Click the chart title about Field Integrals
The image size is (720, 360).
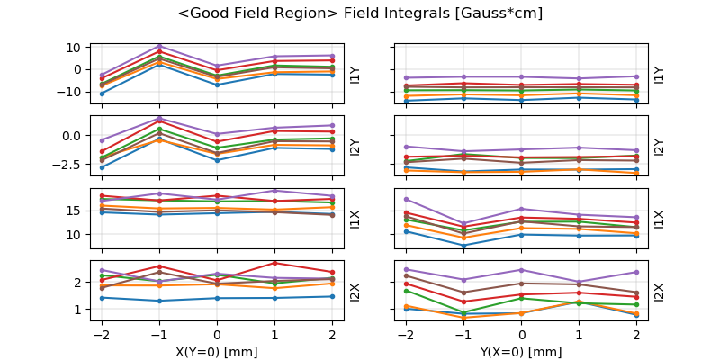coord(360,13)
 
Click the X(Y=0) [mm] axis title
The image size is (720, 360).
coord(216,352)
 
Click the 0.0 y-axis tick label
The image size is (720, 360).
coord(73,135)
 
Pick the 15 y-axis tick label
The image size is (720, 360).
coord(76,211)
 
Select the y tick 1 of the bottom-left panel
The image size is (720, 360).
coord(79,309)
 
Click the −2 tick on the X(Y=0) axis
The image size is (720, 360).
coord(101,332)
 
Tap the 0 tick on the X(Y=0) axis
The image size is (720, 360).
coord(216,332)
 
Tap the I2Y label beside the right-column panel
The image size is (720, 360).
coord(659,146)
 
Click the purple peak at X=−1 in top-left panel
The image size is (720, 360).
coord(159,46)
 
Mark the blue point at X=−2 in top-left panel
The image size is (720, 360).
coord(102,94)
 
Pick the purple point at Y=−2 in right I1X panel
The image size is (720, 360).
coord(407,199)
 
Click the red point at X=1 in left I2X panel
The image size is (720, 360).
coord(274,263)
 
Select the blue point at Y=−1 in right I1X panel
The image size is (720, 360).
coord(463,245)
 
